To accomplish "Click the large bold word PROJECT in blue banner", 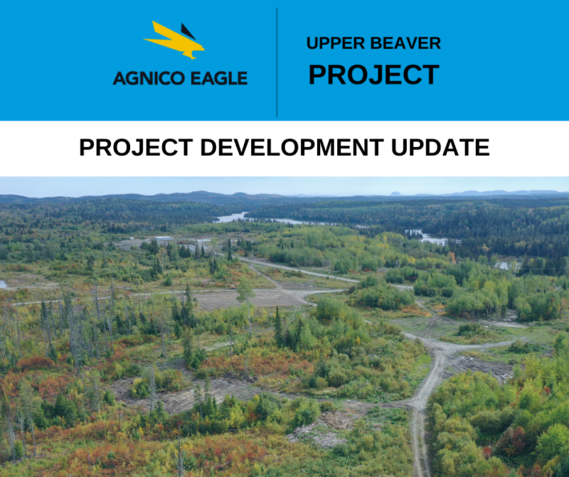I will click(x=373, y=74).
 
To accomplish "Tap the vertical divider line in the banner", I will click(x=277, y=61).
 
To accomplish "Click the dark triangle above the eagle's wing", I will click(x=188, y=31).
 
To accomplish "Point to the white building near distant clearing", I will click(x=164, y=238).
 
